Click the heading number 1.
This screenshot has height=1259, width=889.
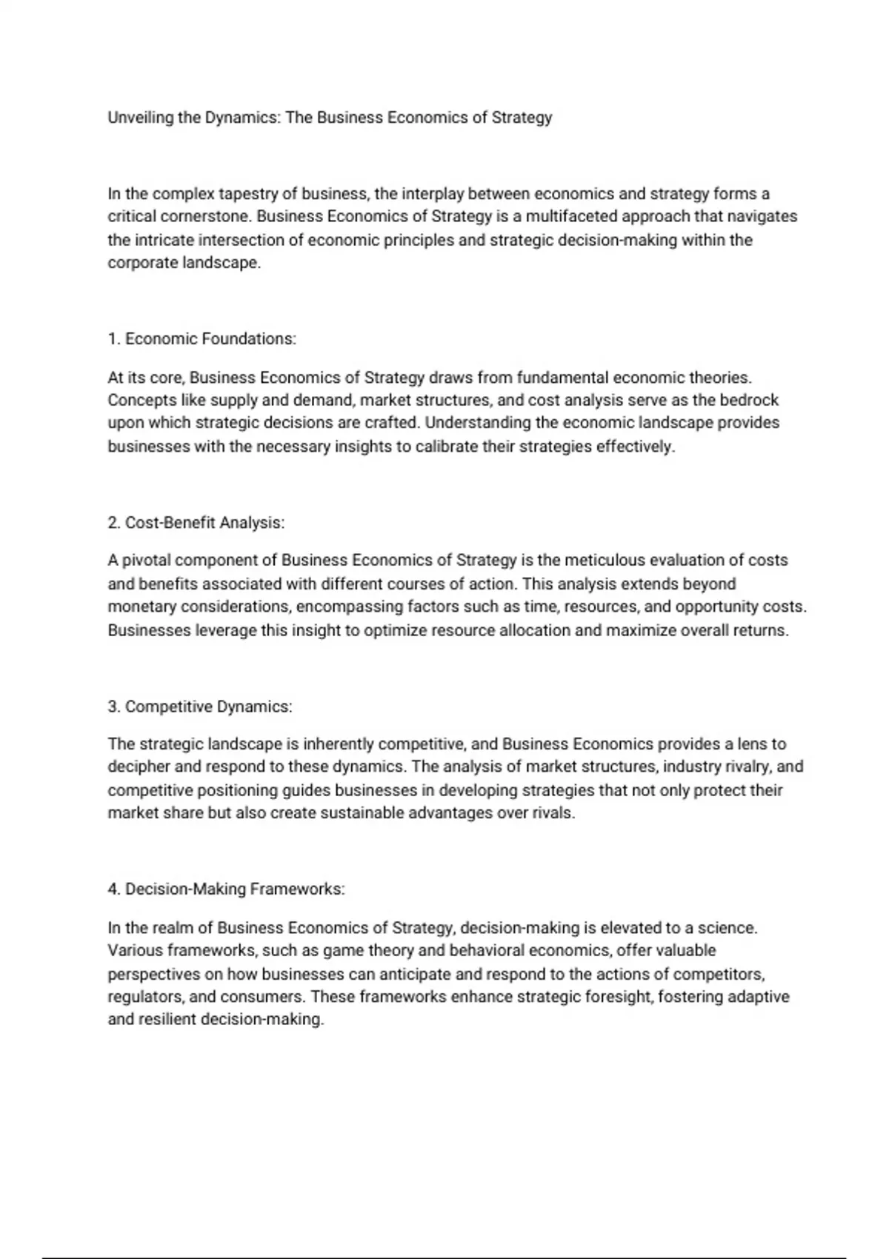[x=113, y=339]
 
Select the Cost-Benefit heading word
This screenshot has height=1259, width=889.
[x=170, y=523]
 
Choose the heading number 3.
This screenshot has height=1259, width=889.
[x=113, y=707]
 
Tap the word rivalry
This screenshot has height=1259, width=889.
[x=744, y=767]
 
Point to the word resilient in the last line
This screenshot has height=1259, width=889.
[x=167, y=1020]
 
